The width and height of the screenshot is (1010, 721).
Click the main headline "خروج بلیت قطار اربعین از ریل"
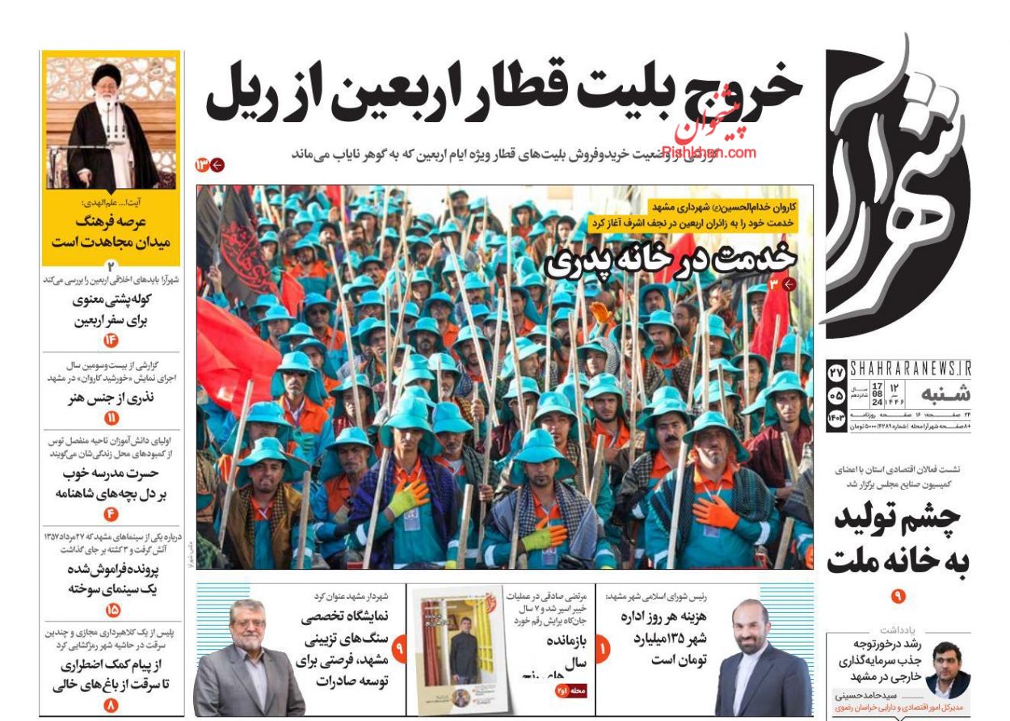click(x=503, y=91)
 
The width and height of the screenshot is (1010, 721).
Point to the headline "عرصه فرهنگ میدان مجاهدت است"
click(x=112, y=230)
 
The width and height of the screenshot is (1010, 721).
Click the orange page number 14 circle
click(x=112, y=340)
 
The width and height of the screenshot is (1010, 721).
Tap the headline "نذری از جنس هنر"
click(x=112, y=397)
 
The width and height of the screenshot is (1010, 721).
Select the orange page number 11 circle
click(x=112, y=418)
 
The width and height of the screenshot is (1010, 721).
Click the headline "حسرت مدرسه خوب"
click(x=112, y=473)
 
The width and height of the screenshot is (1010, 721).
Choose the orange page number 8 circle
click(x=112, y=705)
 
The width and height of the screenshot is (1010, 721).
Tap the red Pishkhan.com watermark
click(x=709, y=151)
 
